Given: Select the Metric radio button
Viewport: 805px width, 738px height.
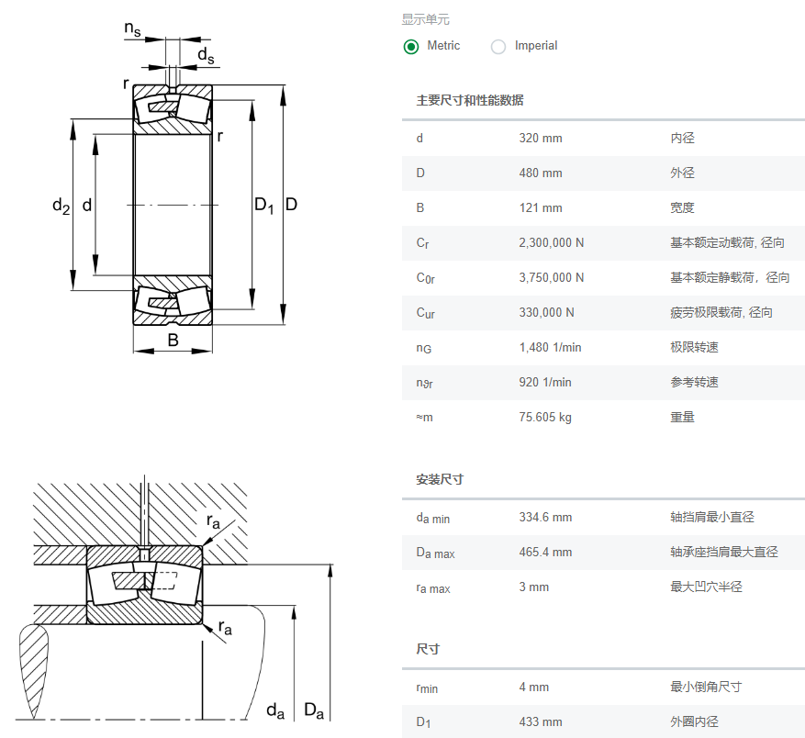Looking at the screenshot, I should pyautogui.click(x=411, y=46).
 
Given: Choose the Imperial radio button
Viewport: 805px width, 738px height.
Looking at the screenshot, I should pyautogui.click(x=498, y=46).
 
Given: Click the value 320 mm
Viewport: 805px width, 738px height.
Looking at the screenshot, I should pyautogui.click(x=541, y=139).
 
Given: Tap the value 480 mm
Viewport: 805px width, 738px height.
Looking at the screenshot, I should pyautogui.click(x=541, y=173).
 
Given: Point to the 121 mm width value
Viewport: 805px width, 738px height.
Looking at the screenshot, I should pyautogui.click(x=541, y=208).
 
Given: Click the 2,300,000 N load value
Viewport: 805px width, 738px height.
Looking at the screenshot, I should pyautogui.click(x=552, y=243).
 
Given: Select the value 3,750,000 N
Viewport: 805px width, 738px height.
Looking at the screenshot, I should pyautogui.click(x=552, y=278).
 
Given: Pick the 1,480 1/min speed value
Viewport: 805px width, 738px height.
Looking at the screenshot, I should pyautogui.click(x=551, y=348).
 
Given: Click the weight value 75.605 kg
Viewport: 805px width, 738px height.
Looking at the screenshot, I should pyautogui.click(x=545, y=418).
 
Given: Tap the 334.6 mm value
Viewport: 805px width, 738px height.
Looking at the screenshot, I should pyautogui.click(x=545, y=518).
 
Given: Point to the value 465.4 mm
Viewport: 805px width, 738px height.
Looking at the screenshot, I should pyautogui.click(x=545, y=553).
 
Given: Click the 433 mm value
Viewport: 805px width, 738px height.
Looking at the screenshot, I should pyautogui.click(x=541, y=722).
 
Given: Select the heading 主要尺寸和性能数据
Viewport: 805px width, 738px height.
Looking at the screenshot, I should pyautogui.click(x=470, y=101).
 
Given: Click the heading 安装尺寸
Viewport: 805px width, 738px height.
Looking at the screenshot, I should pyautogui.click(x=440, y=480).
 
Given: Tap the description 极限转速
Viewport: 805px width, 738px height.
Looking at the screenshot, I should pyautogui.click(x=694, y=348).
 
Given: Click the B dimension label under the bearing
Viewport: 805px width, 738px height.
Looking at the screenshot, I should pyautogui.click(x=173, y=341).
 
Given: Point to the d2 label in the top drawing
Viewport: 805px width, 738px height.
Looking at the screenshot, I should pyautogui.click(x=61, y=207).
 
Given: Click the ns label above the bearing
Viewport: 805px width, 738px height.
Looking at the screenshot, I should pyautogui.click(x=133, y=29).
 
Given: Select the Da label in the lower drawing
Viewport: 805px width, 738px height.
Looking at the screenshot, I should pyautogui.click(x=314, y=710).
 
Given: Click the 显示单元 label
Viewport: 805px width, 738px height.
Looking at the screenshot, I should pyautogui.click(x=426, y=19).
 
